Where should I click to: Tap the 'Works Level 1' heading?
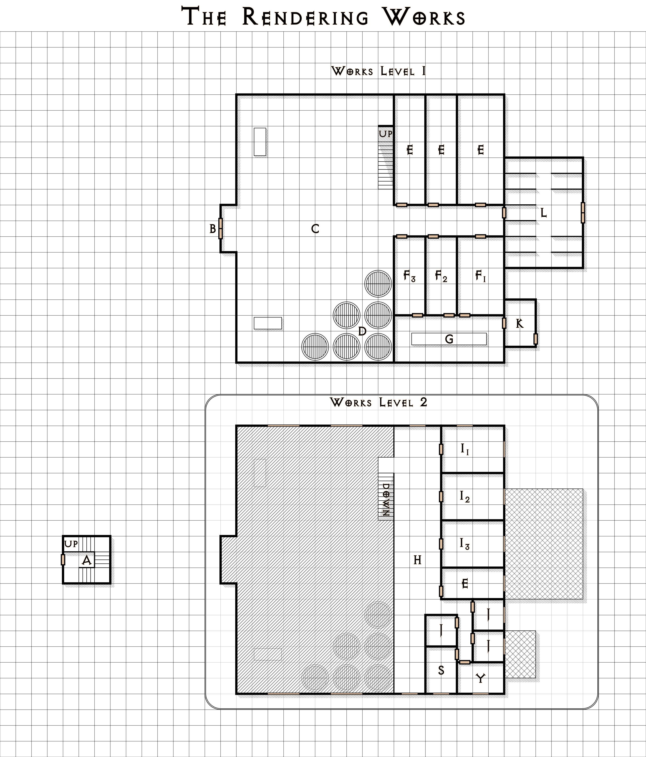click(378, 71)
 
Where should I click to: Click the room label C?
click(315, 229)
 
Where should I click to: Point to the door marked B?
click(220, 228)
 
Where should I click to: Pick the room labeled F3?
click(409, 276)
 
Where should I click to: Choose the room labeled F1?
click(481, 276)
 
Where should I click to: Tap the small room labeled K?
click(520, 323)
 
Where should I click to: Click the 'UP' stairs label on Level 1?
click(385, 134)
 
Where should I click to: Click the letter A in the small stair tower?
click(86, 560)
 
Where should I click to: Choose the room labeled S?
click(441, 670)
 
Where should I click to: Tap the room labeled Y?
click(481, 678)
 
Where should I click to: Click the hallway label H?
click(417, 560)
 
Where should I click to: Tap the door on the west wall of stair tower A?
click(63, 560)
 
